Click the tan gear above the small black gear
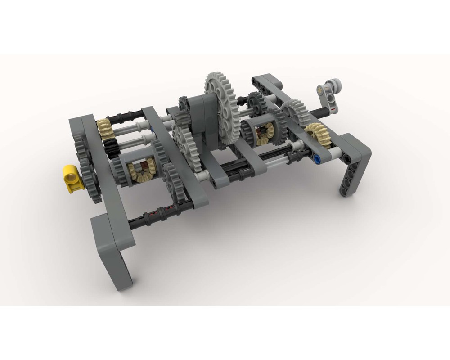104,127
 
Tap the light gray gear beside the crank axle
295,110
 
